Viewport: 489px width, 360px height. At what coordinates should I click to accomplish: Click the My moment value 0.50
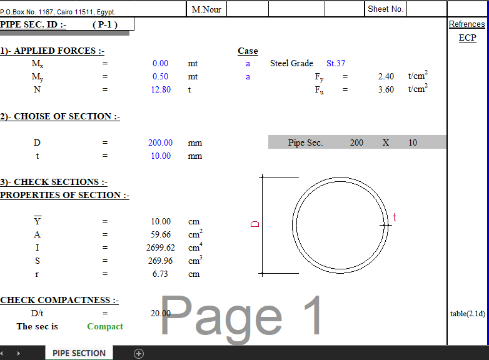tap(160, 76)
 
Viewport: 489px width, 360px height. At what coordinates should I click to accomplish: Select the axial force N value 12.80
tap(161, 89)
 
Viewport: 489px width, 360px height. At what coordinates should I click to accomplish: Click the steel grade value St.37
tap(336, 63)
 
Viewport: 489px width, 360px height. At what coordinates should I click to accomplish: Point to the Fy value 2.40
tap(386, 76)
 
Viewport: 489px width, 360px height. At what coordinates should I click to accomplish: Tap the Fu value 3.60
tap(386, 89)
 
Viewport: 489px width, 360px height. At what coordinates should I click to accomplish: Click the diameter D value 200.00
tap(160, 142)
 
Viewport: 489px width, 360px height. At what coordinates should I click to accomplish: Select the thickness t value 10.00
tap(161, 156)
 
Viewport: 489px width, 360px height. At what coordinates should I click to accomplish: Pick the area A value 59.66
tap(161, 234)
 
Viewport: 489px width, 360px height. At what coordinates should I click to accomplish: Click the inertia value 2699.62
tap(161, 247)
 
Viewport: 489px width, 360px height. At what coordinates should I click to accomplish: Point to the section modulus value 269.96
tap(160, 261)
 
